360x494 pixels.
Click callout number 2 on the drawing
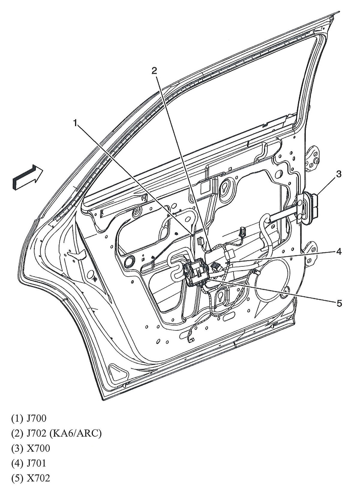point(154,71)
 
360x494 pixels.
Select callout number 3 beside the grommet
point(338,174)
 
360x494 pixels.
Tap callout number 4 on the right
point(339,251)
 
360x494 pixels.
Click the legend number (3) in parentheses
point(17,448)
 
